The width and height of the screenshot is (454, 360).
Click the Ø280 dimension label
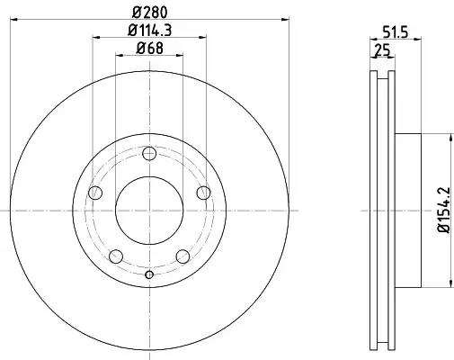150,11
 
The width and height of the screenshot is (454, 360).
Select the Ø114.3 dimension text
149,31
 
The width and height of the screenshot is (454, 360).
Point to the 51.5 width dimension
387,33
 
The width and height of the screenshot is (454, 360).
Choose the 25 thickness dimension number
381,52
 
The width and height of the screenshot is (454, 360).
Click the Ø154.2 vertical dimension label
441,211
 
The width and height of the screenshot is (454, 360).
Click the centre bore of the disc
149,211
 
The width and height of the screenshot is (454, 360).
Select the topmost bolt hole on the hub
149,153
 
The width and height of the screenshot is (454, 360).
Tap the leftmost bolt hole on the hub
95,193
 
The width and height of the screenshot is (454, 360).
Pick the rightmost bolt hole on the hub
204,193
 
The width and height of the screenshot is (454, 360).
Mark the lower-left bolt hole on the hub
116,256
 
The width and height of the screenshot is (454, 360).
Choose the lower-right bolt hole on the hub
183,256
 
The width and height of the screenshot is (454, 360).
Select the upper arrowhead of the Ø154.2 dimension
447,138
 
